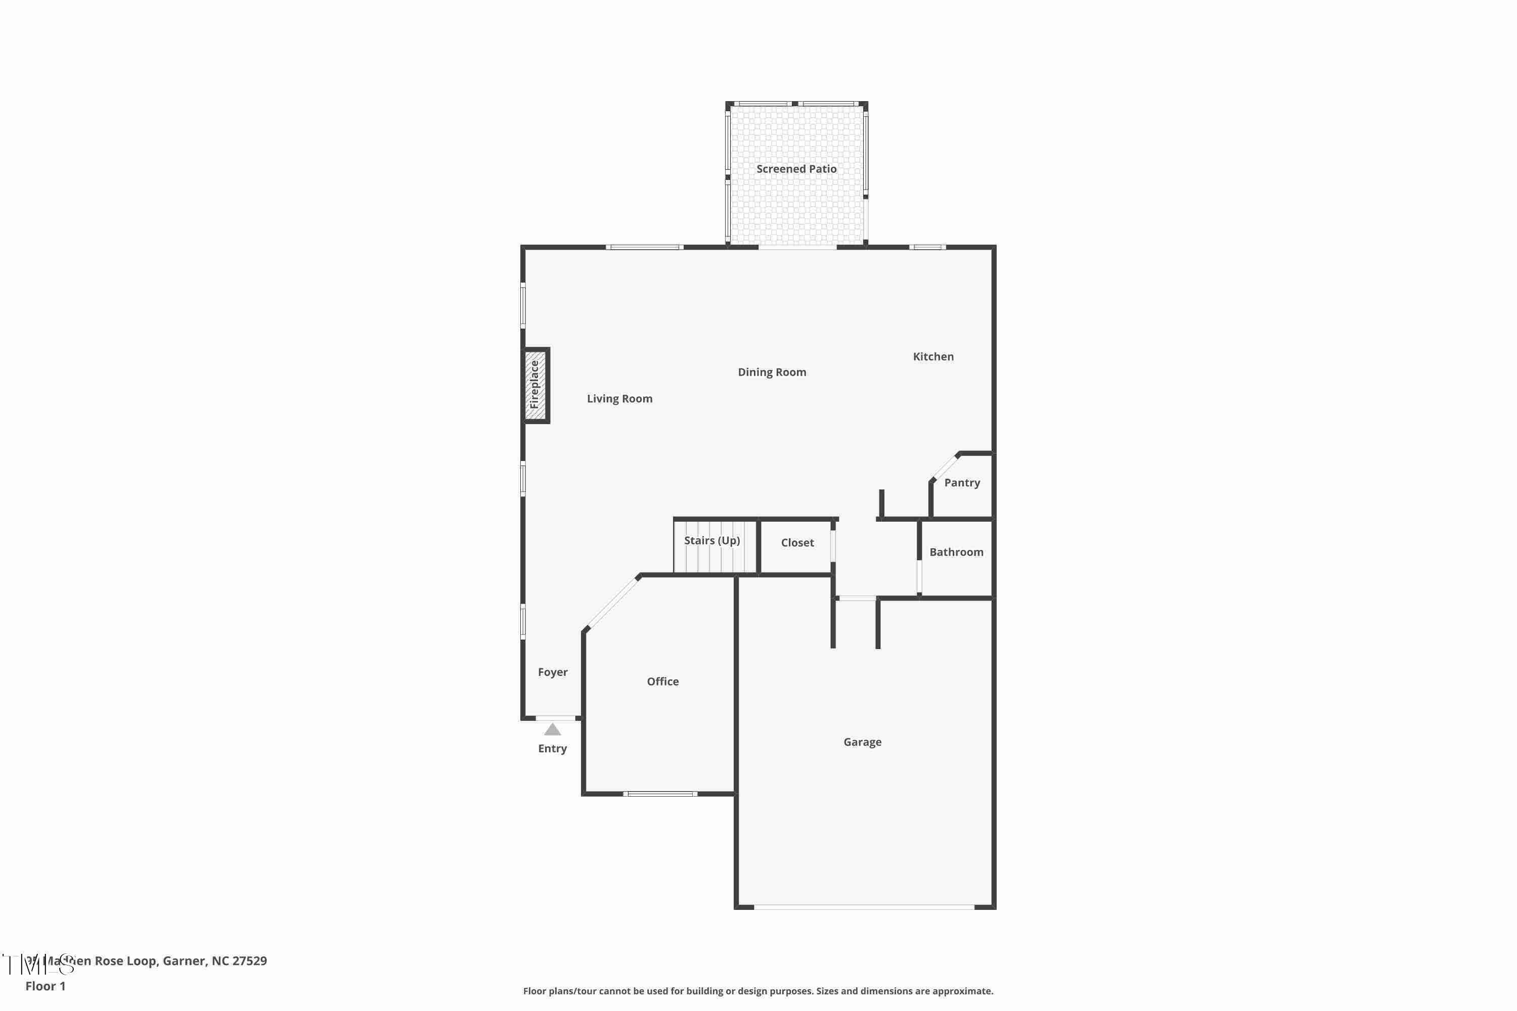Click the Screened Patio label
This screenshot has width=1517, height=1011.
tap(796, 169)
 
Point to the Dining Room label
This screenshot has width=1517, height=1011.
tap(772, 372)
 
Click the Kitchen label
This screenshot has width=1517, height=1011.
tap(932, 356)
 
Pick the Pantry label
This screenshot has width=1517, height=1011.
tap(962, 483)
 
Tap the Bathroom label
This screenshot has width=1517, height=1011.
tap(956, 552)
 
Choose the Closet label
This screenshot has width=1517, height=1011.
tap(797, 543)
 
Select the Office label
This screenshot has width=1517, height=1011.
tap(662, 681)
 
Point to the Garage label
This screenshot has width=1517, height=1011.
tap(862, 742)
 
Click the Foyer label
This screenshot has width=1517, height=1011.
tap(552, 672)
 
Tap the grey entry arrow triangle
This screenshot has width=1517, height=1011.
tap(552, 729)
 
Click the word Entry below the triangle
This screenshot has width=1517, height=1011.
tap(552, 749)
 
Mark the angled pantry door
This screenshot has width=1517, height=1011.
tap(946, 467)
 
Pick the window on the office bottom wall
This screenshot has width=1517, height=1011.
tap(660, 794)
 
